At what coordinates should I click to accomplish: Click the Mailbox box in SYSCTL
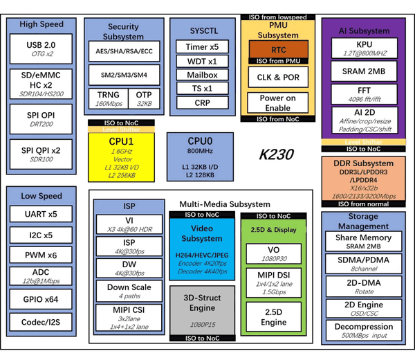[x=202, y=75]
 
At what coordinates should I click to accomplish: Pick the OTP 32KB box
[x=143, y=98]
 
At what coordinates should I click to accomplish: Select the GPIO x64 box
[x=41, y=298]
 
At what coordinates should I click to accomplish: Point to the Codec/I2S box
[x=41, y=321]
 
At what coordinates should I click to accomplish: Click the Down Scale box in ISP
[x=129, y=291]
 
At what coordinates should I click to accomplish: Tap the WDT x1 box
[x=202, y=61]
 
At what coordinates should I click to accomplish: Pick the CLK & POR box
[x=278, y=77]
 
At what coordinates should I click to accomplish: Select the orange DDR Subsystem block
[x=364, y=179]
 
